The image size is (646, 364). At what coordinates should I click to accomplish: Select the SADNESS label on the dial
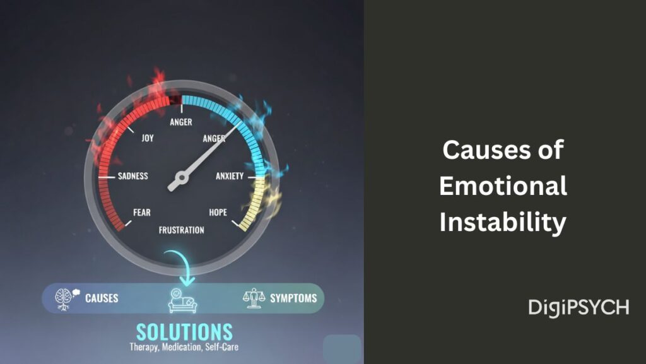click(132, 176)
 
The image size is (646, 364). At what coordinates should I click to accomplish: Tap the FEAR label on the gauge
click(142, 213)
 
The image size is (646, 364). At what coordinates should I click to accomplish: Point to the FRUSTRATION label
click(182, 230)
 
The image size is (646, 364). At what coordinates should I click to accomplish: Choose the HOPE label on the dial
click(218, 213)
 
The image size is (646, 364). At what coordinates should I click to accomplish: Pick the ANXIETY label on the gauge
click(230, 176)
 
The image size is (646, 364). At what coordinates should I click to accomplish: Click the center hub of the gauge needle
click(178, 182)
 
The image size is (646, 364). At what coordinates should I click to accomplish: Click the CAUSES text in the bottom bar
click(102, 298)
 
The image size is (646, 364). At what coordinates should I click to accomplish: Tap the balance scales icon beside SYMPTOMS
click(252, 298)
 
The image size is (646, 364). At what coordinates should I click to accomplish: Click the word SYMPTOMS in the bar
click(293, 298)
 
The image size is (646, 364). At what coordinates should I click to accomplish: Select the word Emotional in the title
click(503, 187)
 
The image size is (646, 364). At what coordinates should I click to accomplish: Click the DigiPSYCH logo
click(578, 307)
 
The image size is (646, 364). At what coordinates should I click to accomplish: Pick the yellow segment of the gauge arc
click(252, 202)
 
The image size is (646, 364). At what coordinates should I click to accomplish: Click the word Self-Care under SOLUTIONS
click(221, 347)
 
